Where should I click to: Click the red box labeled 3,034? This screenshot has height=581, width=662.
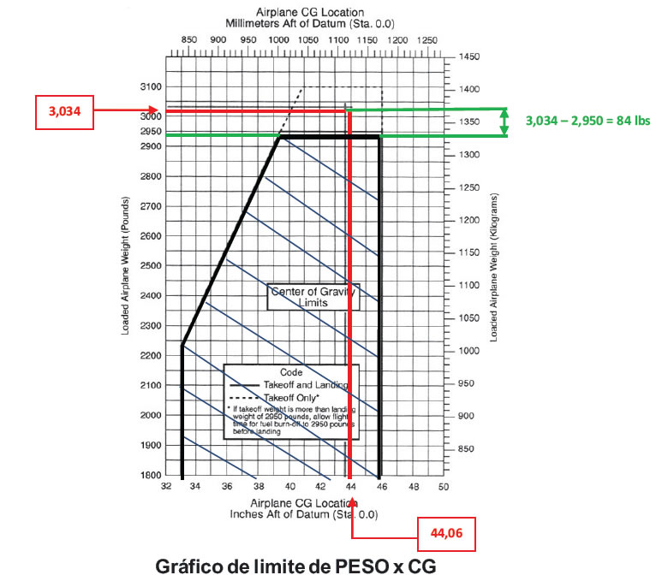click(63, 111)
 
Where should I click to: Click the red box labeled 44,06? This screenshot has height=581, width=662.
click(445, 532)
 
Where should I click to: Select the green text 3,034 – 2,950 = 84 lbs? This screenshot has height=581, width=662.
click(587, 121)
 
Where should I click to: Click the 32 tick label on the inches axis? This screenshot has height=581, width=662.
click(164, 487)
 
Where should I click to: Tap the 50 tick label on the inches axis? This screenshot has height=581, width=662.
click(444, 487)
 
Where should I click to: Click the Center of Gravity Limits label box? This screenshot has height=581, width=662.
click(312, 297)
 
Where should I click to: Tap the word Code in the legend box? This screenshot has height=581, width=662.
click(292, 373)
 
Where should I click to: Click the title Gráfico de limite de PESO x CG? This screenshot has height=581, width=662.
click(302, 566)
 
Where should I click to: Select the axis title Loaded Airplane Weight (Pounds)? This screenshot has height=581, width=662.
click(125, 264)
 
